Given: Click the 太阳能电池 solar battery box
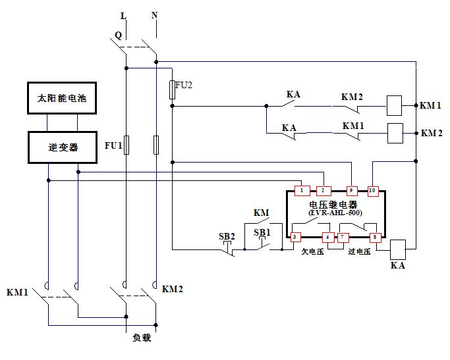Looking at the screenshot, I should point(62,99).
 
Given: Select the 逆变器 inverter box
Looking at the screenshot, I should point(62,147).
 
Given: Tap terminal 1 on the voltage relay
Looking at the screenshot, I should point(301,191).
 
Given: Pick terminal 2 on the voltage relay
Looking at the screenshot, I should point(323,191).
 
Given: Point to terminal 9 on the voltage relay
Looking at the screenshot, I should point(352,191).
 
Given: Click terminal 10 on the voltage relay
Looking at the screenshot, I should point(372,191).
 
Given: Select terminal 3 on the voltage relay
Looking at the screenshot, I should point(296,236).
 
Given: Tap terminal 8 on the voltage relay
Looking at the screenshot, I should point(375,236).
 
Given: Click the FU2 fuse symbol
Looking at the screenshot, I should point(172,90).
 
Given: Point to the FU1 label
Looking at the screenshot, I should point(113,145).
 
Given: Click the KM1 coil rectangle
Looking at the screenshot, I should point(394,105).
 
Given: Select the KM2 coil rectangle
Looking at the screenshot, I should point(395,133).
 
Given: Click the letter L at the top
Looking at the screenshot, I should point(124,15).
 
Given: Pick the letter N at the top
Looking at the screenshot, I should point(155,14).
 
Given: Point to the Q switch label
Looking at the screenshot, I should point(118,34).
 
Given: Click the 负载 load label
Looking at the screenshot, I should point(142,339).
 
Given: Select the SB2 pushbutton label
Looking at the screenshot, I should point(227,236).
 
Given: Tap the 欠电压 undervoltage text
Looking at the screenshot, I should point(313,251).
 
